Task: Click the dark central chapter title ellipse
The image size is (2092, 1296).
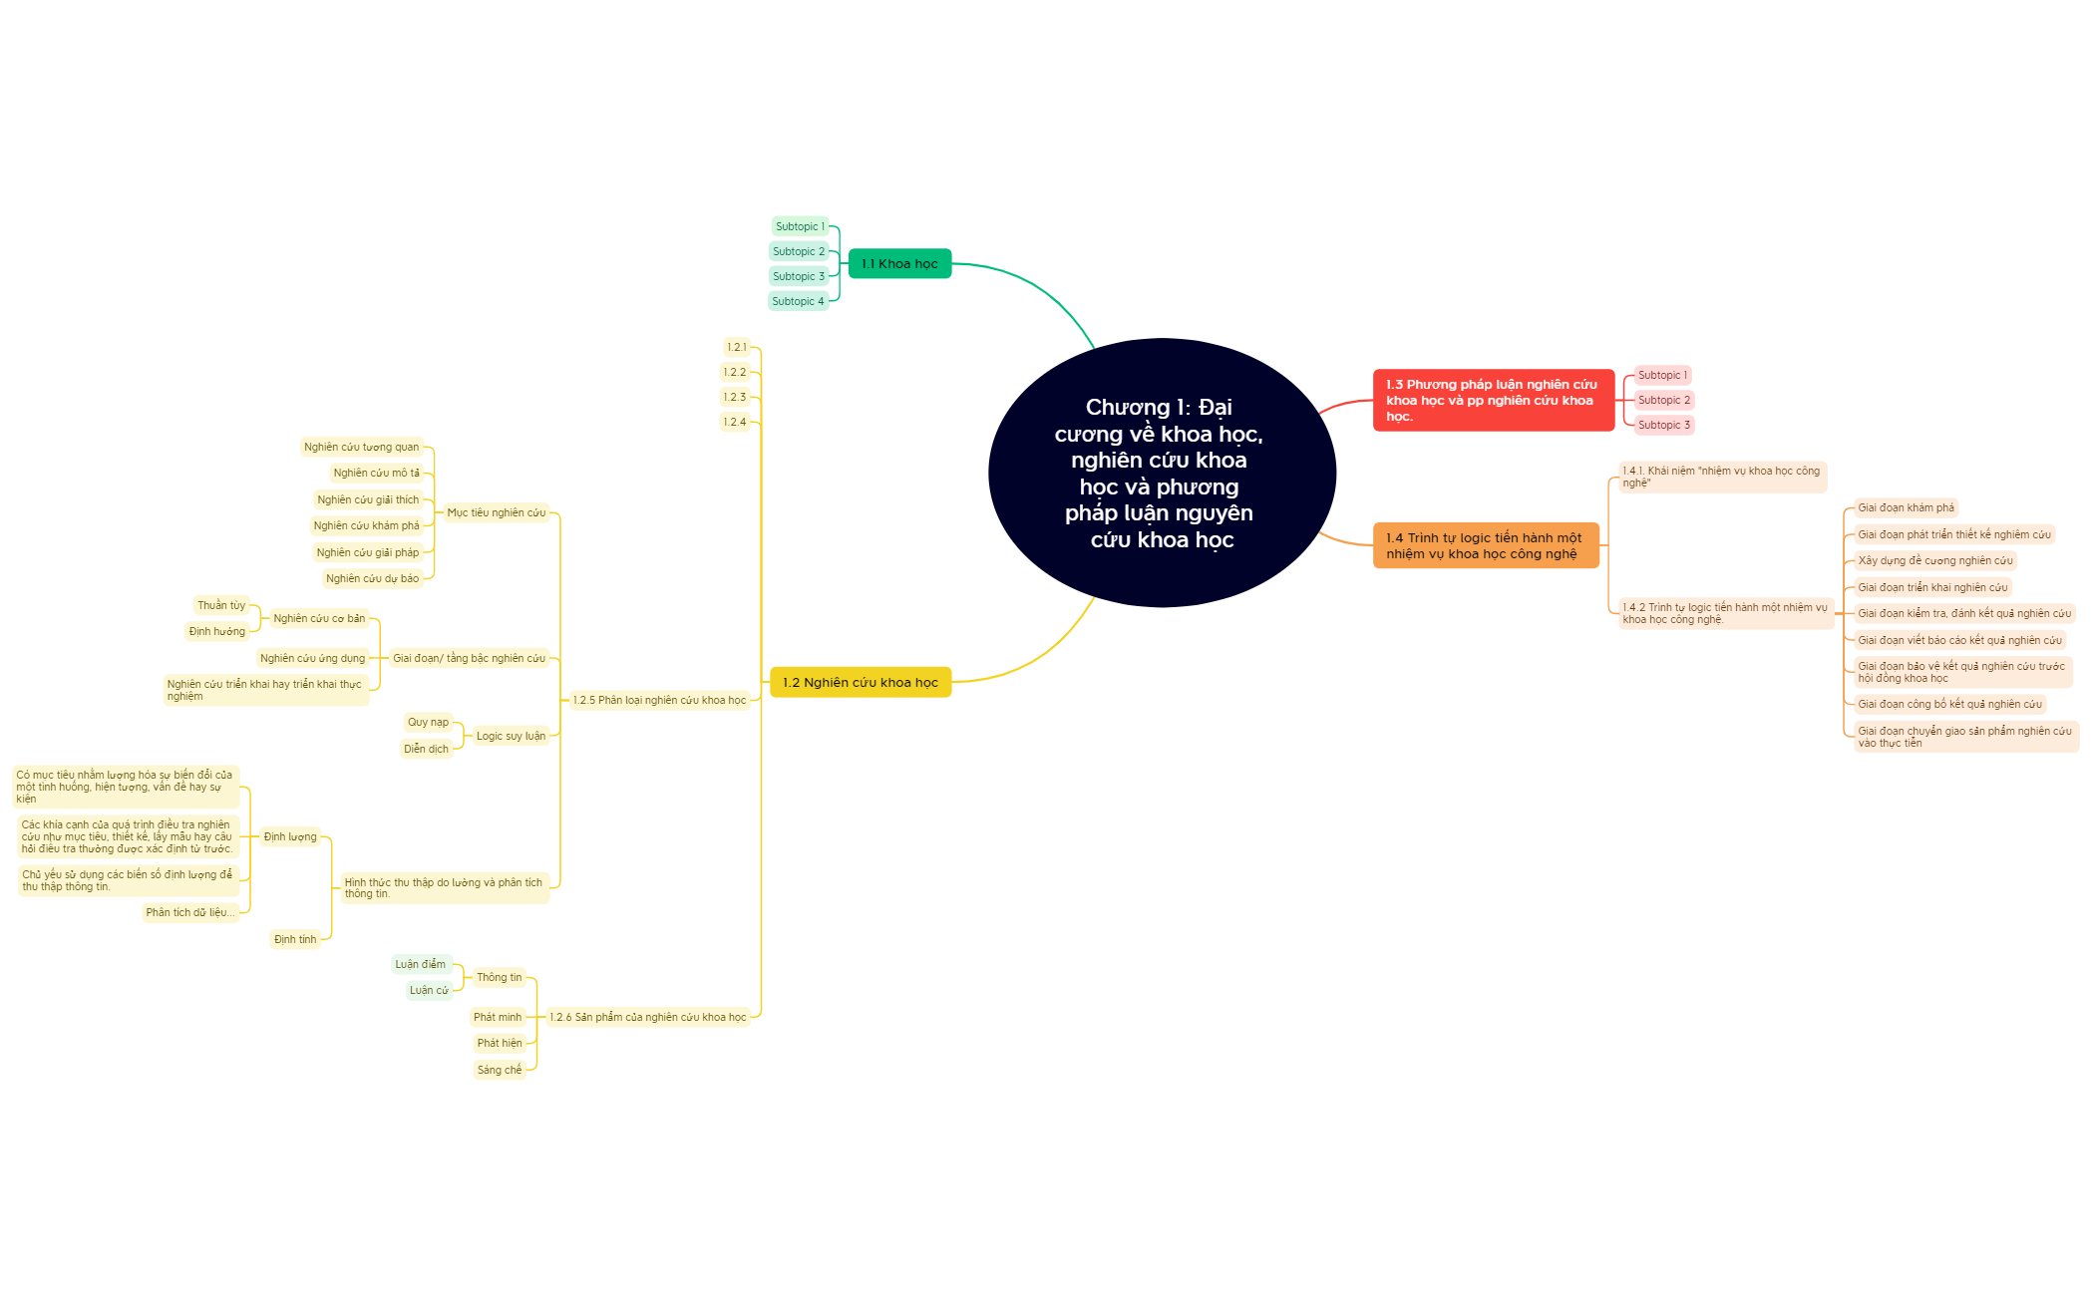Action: tap(1162, 473)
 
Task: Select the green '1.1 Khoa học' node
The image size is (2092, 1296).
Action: tap(899, 263)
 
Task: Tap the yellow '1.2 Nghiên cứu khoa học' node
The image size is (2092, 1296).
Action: tap(861, 682)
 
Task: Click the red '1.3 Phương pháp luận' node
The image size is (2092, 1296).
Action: tap(1493, 400)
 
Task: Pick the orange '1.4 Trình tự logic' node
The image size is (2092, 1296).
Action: tap(1486, 545)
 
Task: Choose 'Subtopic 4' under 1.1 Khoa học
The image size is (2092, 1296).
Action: tap(798, 301)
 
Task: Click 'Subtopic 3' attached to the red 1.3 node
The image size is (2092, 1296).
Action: tap(1663, 425)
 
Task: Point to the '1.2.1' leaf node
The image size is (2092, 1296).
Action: tap(737, 347)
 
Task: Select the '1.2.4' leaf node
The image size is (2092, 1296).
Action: tap(735, 422)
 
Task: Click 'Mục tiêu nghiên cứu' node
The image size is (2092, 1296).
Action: tap(497, 512)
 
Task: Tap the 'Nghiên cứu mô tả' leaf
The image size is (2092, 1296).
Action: tap(377, 473)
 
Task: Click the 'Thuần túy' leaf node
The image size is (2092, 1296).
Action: tap(221, 605)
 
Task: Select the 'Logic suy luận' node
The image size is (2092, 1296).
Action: tap(511, 736)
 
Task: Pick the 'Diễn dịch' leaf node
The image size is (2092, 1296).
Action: tap(426, 749)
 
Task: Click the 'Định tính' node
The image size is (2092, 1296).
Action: tap(295, 939)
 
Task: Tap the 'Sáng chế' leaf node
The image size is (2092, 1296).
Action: tap(500, 1070)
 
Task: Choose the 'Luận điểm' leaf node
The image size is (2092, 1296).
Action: tap(421, 964)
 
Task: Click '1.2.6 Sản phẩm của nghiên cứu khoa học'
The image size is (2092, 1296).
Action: tap(648, 1017)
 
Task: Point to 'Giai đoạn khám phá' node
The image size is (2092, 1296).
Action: tap(1906, 507)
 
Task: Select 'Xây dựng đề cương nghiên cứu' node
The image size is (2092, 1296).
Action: tap(1935, 560)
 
